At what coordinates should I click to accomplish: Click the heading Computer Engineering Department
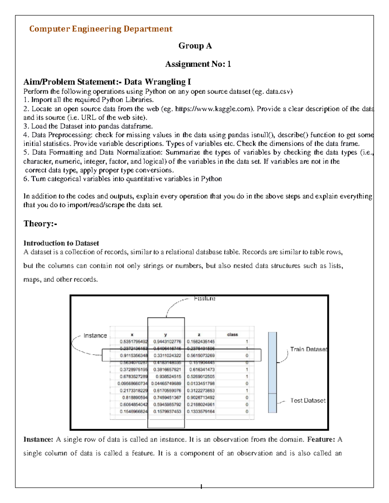100,29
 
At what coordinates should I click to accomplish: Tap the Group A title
195,46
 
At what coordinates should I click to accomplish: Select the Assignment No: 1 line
198,64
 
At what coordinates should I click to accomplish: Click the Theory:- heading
40,224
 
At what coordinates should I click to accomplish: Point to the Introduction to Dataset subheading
61,243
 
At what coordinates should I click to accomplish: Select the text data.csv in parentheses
278,92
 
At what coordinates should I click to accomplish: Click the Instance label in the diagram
95,336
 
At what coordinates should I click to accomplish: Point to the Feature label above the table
205,298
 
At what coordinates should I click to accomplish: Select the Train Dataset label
308,349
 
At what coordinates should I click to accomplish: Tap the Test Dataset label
308,401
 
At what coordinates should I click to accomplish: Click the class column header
232,335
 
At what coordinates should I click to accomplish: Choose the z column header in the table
199,335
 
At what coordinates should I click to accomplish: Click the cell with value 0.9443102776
167,341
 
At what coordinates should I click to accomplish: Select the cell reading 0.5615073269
201,355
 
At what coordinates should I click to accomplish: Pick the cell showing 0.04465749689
166,383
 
